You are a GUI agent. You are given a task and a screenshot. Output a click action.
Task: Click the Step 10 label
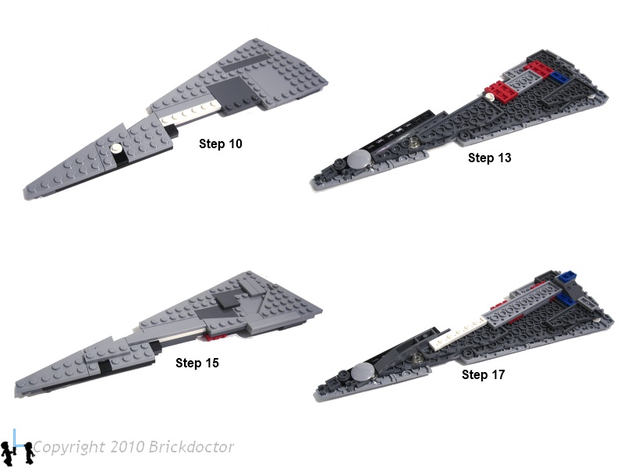pyautogui.click(x=221, y=144)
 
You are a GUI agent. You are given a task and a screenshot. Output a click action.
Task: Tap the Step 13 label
pyautogui.click(x=490, y=158)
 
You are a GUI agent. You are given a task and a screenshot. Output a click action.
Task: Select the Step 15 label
pyautogui.click(x=197, y=363)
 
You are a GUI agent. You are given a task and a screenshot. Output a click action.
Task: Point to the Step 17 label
pyautogui.click(x=483, y=374)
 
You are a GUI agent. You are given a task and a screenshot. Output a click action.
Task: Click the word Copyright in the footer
pyautogui.click(x=69, y=447)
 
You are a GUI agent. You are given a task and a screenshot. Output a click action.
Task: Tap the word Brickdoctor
pyautogui.click(x=191, y=446)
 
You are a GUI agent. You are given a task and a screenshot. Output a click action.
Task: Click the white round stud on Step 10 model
pyautogui.click(x=116, y=149)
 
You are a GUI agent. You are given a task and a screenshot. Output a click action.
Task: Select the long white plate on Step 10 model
pyautogui.click(x=190, y=112)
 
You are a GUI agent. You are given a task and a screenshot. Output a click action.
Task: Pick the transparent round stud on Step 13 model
pyautogui.click(x=413, y=141)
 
